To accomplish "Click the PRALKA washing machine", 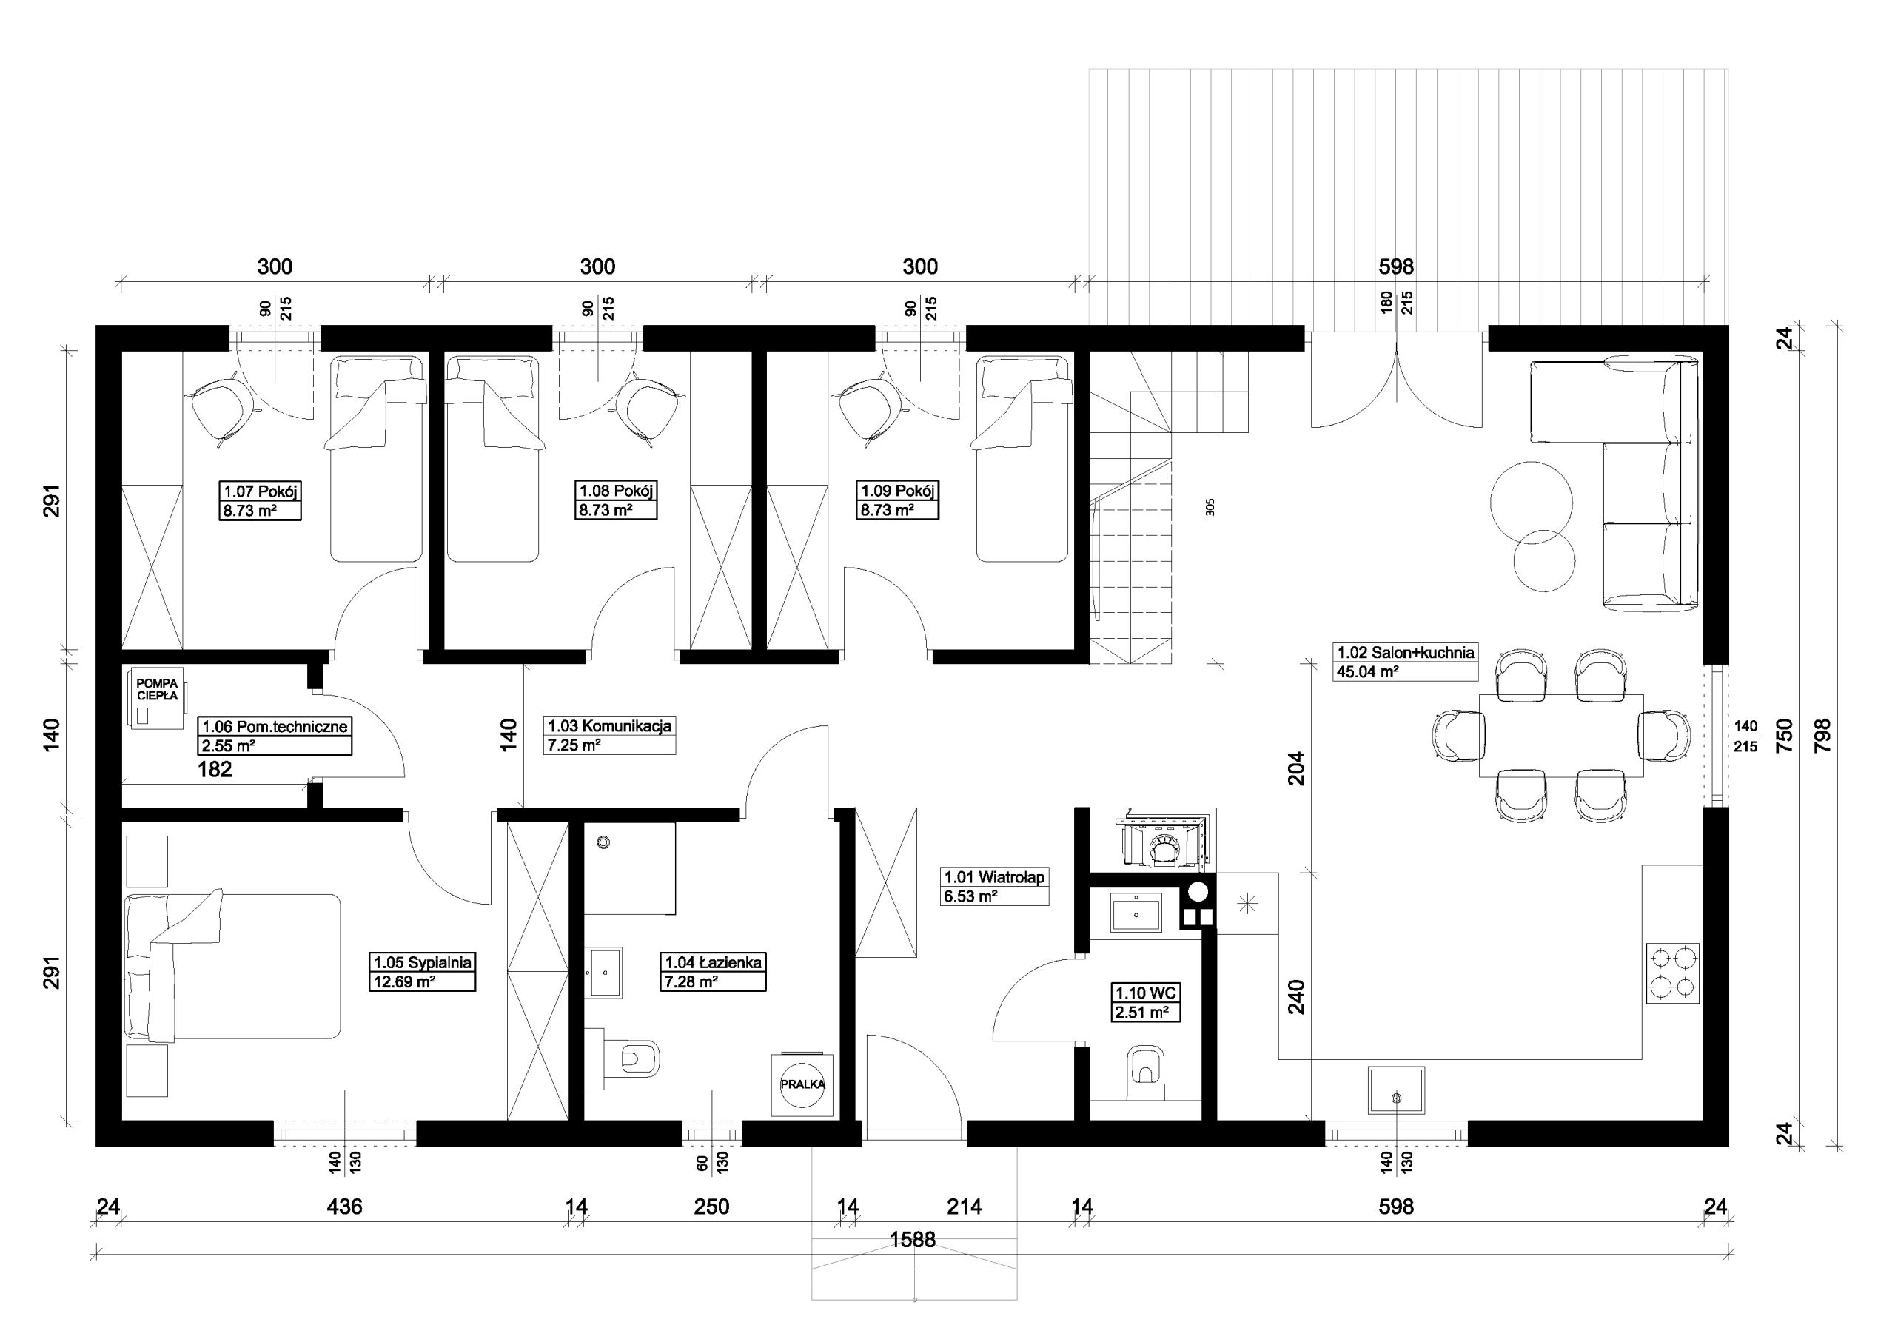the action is tap(802, 1084).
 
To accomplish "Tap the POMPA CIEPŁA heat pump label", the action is tap(157, 690).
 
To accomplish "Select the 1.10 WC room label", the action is tap(1146, 993).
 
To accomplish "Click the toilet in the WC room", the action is tap(1144, 1073).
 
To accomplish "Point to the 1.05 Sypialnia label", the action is tap(423, 962).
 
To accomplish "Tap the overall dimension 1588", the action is tap(913, 1240).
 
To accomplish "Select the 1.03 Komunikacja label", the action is tap(610, 725).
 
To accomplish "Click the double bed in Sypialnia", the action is tap(232, 966).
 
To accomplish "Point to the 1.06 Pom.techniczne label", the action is tap(275, 726).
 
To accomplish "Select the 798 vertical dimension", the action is tap(1822, 735).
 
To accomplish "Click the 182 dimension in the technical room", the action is tap(215, 769).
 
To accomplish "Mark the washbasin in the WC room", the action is tap(1137, 912).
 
